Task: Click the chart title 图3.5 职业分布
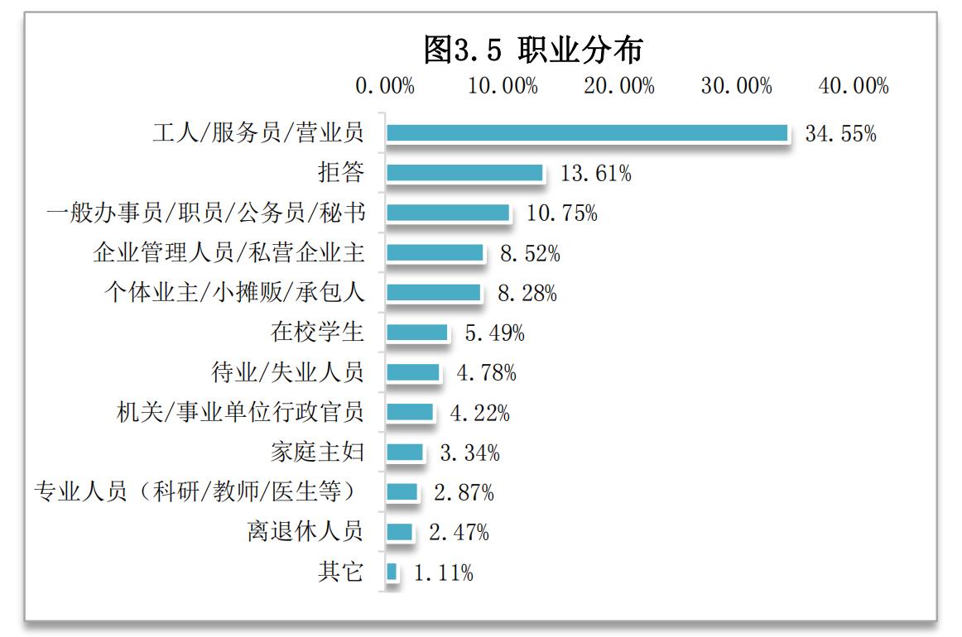click(532, 50)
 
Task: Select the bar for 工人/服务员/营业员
click(587, 133)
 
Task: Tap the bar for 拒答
click(464, 173)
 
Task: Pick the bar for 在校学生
click(417, 333)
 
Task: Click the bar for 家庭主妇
click(405, 453)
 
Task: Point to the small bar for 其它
click(392, 572)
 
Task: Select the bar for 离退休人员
click(400, 532)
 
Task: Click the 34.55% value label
click(840, 134)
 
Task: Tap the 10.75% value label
click(562, 213)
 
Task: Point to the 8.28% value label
click(527, 293)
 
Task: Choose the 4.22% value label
click(479, 412)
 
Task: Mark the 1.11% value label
click(443, 572)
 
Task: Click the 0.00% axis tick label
click(385, 86)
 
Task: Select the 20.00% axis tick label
click(619, 86)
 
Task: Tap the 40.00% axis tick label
click(854, 86)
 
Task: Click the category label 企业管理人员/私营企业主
click(228, 253)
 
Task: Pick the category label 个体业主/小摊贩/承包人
click(233, 293)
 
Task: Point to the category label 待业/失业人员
click(287, 372)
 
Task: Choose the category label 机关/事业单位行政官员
click(240, 412)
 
